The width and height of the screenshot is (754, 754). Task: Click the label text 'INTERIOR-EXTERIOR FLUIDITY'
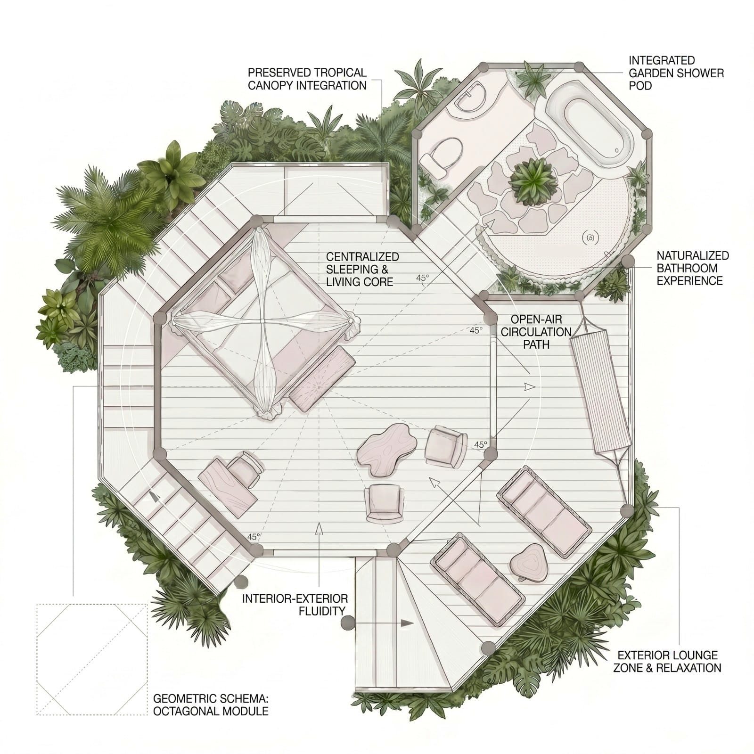coord(295,605)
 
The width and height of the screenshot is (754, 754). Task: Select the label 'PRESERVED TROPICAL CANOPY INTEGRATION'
coord(307,79)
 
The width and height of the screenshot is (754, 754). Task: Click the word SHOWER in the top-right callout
coord(702,73)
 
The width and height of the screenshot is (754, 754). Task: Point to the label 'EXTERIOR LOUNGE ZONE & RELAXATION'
coord(667,661)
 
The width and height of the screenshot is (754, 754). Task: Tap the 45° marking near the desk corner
coord(253,537)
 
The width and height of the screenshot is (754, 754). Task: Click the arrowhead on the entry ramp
coord(407,623)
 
